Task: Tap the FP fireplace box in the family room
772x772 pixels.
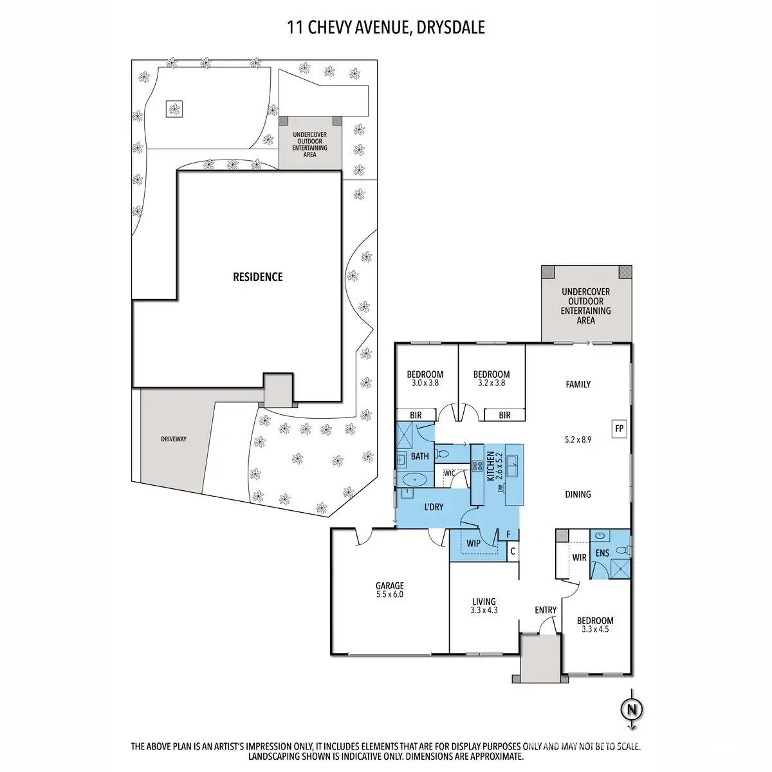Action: click(x=619, y=428)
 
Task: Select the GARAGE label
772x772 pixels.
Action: click(x=389, y=585)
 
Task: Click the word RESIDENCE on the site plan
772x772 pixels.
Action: click(x=257, y=277)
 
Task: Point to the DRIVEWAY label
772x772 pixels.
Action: click(x=174, y=439)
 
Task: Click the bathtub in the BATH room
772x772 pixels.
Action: click(x=414, y=479)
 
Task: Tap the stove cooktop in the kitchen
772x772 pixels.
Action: click(x=477, y=466)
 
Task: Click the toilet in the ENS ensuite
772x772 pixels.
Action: click(x=622, y=551)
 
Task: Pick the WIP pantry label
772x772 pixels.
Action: click(x=473, y=544)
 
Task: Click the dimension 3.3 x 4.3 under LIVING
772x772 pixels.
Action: click(x=484, y=610)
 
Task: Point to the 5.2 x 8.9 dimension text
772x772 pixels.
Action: click(x=578, y=439)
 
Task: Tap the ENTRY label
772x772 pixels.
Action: click(x=546, y=610)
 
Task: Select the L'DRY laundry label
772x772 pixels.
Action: click(x=434, y=507)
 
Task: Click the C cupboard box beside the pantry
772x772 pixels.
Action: click(x=512, y=551)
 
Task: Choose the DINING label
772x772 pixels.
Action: click(x=578, y=494)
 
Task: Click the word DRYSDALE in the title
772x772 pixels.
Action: click(x=451, y=27)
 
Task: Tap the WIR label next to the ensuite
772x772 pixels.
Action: click(x=579, y=557)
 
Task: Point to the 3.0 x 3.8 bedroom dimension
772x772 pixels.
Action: click(x=425, y=383)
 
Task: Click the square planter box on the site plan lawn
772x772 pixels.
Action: click(x=174, y=109)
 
